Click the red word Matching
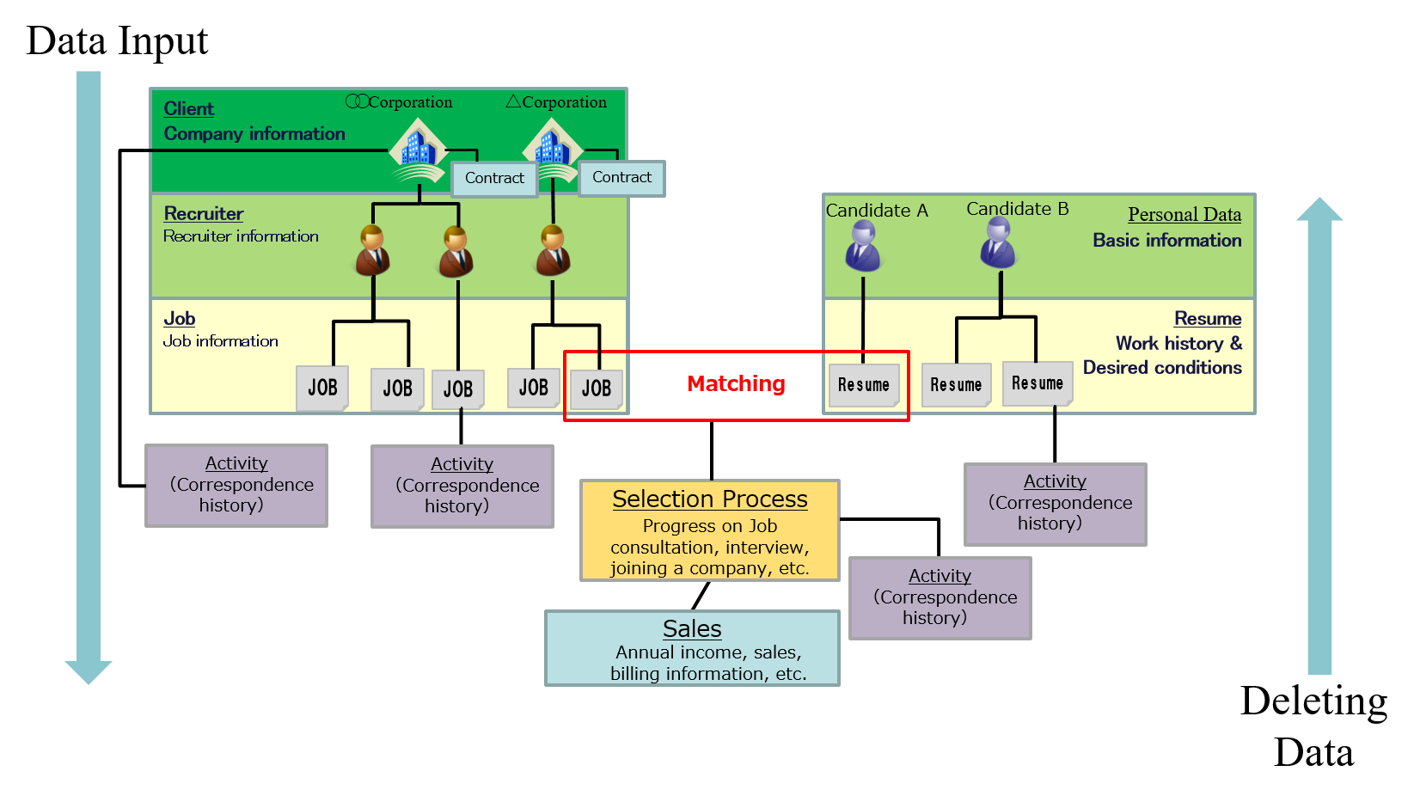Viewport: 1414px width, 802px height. pos(736,383)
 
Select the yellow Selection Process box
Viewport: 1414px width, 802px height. pos(709,530)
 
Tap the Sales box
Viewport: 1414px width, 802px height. pos(692,648)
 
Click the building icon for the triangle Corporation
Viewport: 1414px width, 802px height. pos(552,149)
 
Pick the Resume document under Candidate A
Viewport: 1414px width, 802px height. pos(863,385)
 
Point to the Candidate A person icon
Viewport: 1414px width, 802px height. pos(863,246)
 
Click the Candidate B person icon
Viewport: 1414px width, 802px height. pos(998,242)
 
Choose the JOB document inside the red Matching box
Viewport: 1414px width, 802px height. pos(596,389)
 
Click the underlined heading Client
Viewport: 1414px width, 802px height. pos(188,109)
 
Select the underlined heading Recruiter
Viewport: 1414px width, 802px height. pos(204,214)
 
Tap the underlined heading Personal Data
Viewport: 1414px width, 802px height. pos(1184,215)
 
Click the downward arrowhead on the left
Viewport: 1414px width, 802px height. pos(89,671)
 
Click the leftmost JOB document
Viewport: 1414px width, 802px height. pos(322,388)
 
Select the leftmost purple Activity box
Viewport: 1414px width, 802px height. pos(236,485)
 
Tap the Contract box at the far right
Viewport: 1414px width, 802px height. pos(621,178)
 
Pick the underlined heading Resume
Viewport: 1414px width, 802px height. pos(1207,319)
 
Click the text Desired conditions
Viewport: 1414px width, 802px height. pos(1161,368)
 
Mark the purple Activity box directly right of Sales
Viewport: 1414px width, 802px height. pos(940,597)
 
